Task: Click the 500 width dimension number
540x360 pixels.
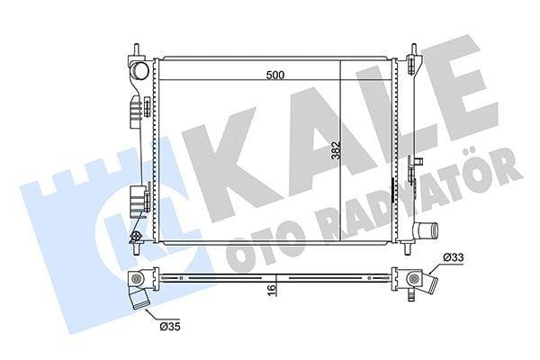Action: point(275,75)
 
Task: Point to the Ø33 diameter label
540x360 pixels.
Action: point(454,257)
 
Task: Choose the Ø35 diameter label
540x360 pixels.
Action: point(170,326)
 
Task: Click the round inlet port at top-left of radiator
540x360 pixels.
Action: point(139,70)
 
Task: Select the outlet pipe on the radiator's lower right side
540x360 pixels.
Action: point(426,229)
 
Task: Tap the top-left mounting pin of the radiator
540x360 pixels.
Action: point(137,49)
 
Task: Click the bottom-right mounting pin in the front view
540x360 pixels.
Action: point(408,248)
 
